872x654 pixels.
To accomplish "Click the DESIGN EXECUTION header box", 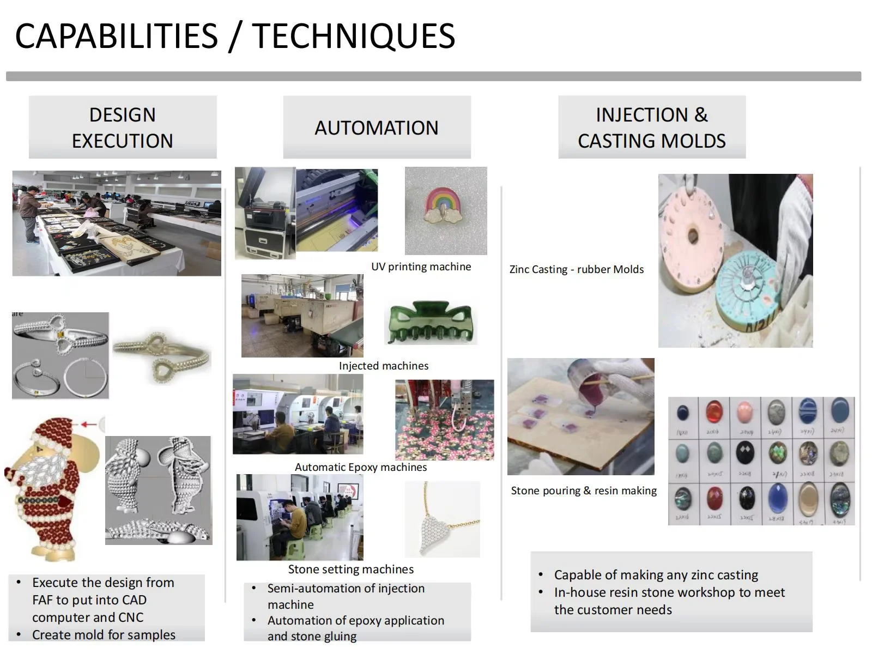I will click(x=123, y=128).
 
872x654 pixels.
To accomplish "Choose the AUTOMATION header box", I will click(x=377, y=128).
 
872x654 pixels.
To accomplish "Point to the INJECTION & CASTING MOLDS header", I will click(x=651, y=128).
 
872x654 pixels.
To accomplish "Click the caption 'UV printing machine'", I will click(x=421, y=267).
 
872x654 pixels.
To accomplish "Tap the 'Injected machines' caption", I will click(x=384, y=366).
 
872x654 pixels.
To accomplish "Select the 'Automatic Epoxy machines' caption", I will click(x=361, y=467).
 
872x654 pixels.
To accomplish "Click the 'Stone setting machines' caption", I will click(x=350, y=569).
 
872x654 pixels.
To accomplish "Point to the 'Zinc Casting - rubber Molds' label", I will click(x=576, y=269).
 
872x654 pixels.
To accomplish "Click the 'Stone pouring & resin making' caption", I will click(x=584, y=491).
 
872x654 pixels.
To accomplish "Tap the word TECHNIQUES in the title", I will click(x=353, y=36).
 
